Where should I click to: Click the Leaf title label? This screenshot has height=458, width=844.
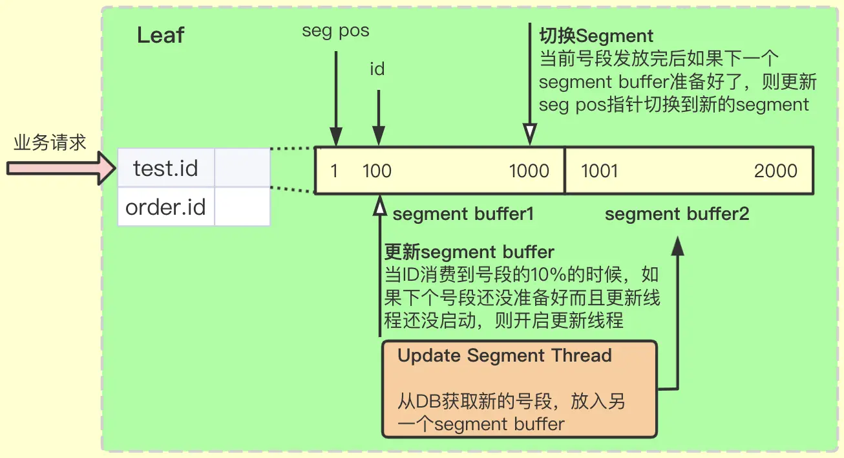(x=160, y=35)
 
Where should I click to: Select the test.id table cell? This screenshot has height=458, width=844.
(x=165, y=169)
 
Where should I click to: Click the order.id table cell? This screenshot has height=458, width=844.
(x=165, y=208)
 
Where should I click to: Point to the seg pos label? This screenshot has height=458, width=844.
(x=335, y=31)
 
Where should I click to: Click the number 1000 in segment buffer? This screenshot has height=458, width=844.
(x=529, y=171)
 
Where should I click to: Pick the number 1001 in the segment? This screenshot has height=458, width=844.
(x=599, y=171)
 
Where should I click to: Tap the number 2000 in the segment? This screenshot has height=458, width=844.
(x=775, y=171)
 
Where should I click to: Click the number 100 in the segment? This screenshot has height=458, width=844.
(x=377, y=171)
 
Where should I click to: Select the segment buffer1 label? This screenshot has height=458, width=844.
(x=463, y=214)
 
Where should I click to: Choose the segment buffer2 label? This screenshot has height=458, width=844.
(x=677, y=214)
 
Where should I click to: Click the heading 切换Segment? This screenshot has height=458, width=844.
(x=595, y=36)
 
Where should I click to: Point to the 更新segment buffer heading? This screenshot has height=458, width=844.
(x=469, y=252)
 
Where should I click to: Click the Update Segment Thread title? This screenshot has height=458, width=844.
(x=505, y=355)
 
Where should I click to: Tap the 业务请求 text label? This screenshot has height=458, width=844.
(x=50, y=142)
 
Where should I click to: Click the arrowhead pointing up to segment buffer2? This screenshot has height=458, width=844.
(x=677, y=245)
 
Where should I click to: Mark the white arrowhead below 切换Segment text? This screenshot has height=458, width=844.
(x=530, y=135)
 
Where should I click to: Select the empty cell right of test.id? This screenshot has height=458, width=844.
(x=242, y=169)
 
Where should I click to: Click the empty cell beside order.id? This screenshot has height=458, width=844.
(x=242, y=208)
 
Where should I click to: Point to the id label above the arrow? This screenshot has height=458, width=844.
(x=377, y=69)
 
